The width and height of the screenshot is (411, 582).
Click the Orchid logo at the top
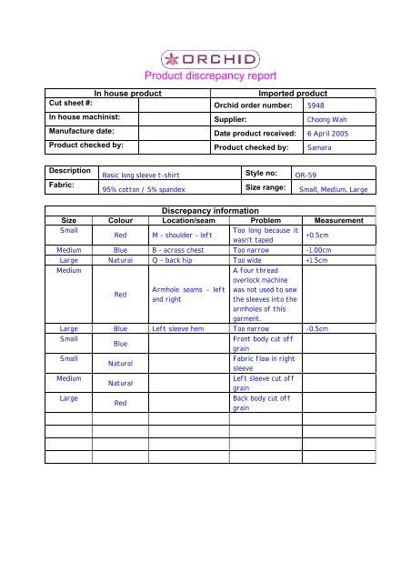205,59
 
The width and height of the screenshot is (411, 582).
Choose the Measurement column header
338,220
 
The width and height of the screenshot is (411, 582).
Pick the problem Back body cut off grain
259,403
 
